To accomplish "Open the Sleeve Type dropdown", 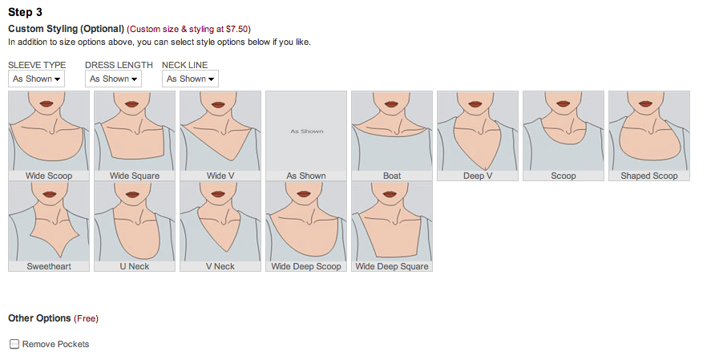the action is click(x=36, y=79).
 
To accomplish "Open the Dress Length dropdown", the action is click(x=113, y=79).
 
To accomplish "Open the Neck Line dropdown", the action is click(x=190, y=79).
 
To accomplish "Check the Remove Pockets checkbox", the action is click(x=14, y=344).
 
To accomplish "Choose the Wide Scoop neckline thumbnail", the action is click(x=49, y=136).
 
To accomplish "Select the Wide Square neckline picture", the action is click(x=135, y=136).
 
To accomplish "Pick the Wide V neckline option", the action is click(x=220, y=136).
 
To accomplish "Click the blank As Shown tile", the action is click(x=306, y=136).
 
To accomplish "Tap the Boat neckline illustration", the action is click(x=392, y=136).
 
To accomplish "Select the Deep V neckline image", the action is click(x=478, y=136).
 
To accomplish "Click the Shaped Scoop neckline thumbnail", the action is click(x=649, y=136).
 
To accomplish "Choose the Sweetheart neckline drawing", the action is click(x=49, y=226).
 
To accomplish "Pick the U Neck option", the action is click(x=135, y=226).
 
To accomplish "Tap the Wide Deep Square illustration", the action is click(x=392, y=226).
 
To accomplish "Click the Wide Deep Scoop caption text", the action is click(x=306, y=266).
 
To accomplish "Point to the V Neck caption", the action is click(x=220, y=266).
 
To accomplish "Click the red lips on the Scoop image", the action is click(x=563, y=104).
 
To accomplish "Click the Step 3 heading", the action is click(x=25, y=12).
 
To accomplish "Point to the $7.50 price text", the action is click(x=237, y=30).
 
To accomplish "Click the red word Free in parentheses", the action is click(x=87, y=319).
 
